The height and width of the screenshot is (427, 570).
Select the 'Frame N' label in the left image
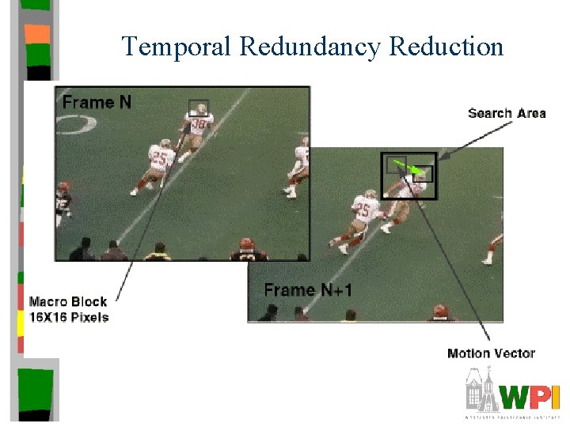(x=97, y=102)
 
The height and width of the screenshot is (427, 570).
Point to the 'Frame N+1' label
(x=308, y=290)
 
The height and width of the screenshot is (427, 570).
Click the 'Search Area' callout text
(x=507, y=114)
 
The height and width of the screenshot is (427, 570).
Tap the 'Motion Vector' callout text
(x=491, y=353)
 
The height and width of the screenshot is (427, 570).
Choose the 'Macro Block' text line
(x=68, y=301)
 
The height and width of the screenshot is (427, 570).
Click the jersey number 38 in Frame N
(x=199, y=125)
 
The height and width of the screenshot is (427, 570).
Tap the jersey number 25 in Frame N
(x=160, y=159)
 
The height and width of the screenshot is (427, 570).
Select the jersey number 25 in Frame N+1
(x=363, y=210)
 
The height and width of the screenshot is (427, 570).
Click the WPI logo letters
(x=530, y=395)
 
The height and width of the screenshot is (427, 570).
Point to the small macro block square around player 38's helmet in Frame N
(x=198, y=108)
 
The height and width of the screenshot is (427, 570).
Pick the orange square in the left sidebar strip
(x=36, y=34)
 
